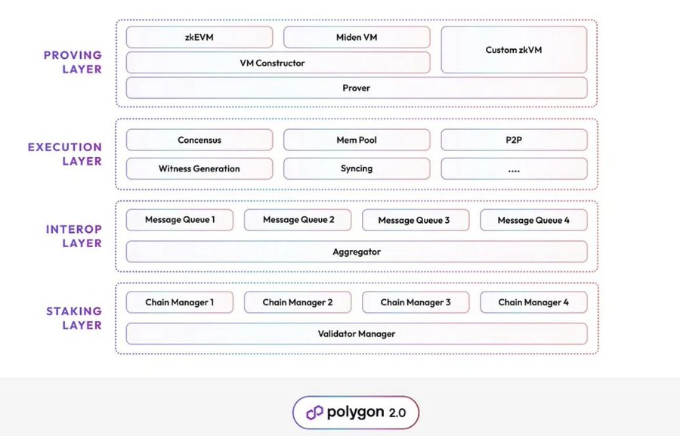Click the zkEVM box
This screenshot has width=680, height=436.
pyautogui.click(x=199, y=37)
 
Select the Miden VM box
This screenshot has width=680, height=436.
pyautogui.click(x=357, y=37)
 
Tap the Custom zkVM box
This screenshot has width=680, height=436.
pyautogui.click(x=514, y=50)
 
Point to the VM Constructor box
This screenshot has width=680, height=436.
pyautogui.click(x=278, y=63)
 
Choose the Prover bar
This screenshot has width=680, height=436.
pyautogui.click(x=357, y=88)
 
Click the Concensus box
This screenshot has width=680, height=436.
pyautogui.click(x=199, y=140)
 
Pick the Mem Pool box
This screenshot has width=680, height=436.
pyautogui.click(x=357, y=140)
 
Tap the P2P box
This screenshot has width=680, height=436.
pyautogui.click(x=514, y=140)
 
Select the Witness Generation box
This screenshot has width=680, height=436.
pyautogui.click(x=199, y=169)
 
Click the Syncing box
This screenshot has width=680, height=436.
pyautogui.click(x=357, y=169)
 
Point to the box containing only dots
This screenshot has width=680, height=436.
pyautogui.click(x=514, y=169)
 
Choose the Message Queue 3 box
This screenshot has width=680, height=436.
pyautogui.click(x=416, y=220)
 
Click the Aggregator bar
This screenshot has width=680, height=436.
pyautogui.click(x=357, y=252)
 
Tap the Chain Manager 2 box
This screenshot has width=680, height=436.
pyautogui.click(x=298, y=302)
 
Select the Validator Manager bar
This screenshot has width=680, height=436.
pyautogui.click(x=357, y=334)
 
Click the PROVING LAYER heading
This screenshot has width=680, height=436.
pyautogui.click(x=73, y=62)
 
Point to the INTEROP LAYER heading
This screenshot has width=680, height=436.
pyautogui.click(x=74, y=236)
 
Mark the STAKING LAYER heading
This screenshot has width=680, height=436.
pyautogui.click(x=74, y=318)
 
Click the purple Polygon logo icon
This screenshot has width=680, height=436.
pyautogui.click(x=315, y=413)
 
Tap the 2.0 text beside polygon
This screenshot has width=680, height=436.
pyautogui.click(x=397, y=413)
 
